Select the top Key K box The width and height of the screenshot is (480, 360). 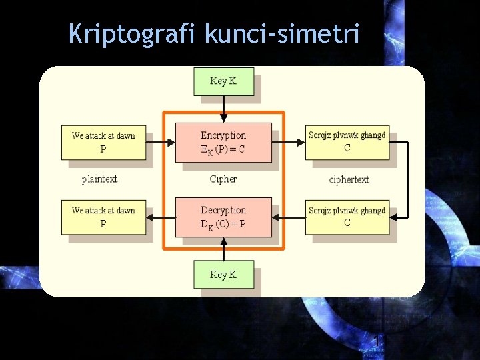click(x=223, y=81)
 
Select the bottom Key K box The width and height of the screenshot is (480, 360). click(x=223, y=275)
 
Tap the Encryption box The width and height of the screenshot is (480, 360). click(x=223, y=142)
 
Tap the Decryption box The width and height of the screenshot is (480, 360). click(x=223, y=217)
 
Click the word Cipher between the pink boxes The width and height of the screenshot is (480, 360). click(x=223, y=179)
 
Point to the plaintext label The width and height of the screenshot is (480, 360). click(x=100, y=179)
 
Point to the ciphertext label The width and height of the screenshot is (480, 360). click(x=349, y=179)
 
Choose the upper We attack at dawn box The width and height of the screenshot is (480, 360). click(x=103, y=142)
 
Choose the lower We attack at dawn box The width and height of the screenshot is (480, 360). click(x=103, y=217)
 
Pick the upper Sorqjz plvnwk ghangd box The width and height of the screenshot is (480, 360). click(x=347, y=142)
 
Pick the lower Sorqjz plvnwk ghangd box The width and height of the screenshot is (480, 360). click(x=347, y=217)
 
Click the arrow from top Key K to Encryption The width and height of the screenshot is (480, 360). click(x=223, y=109)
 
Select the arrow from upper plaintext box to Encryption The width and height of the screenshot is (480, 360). click(x=160, y=142)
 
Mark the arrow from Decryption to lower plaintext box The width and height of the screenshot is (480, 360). click(x=160, y=217)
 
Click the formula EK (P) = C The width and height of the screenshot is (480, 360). click(x=223, y=149)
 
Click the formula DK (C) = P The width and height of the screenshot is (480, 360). click(x=223, y=224)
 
